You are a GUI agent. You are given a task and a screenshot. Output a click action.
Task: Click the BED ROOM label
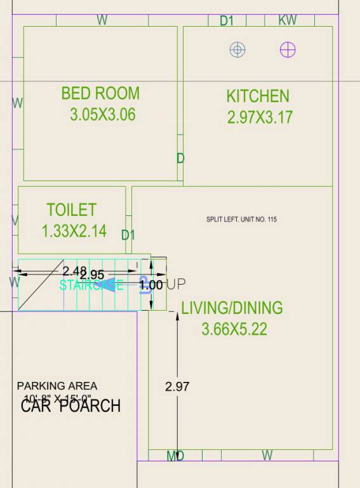click(100, 93)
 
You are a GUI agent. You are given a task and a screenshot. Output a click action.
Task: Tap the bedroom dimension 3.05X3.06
click(102, 115)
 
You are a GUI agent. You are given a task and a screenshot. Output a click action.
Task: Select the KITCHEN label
click(258, 96)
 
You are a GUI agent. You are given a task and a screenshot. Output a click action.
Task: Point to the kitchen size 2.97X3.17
click(260, 118)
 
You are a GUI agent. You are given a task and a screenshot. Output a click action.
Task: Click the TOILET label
click(71, 210)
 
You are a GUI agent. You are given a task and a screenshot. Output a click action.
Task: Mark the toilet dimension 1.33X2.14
click(74, 231)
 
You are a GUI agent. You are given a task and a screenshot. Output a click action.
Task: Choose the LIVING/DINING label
click(232, 308)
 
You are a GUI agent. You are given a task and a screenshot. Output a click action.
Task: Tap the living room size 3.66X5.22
click(234, 329)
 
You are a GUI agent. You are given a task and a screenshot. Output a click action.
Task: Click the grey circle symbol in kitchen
click(237, 50)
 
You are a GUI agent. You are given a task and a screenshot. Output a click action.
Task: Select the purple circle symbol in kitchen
click(288, 50)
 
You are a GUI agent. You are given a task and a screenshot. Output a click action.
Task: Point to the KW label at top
click(288, 20)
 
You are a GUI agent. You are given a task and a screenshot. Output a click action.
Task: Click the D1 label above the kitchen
click(227, 21)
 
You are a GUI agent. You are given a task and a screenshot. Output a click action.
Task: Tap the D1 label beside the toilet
click(128, 235)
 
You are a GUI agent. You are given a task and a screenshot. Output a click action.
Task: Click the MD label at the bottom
click(175, 456)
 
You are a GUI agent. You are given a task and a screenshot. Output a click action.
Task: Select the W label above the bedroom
click(102, 20)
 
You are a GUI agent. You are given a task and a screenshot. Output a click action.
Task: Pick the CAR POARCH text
click(70, 406)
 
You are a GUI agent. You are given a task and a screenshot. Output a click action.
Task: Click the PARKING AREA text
click(57, 386)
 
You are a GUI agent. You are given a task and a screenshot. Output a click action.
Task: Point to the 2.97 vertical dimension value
click(177, 386)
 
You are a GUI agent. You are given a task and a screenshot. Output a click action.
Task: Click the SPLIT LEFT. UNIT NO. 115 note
click(241, 220)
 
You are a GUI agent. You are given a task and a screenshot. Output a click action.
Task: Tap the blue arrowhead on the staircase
click(112, 284)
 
